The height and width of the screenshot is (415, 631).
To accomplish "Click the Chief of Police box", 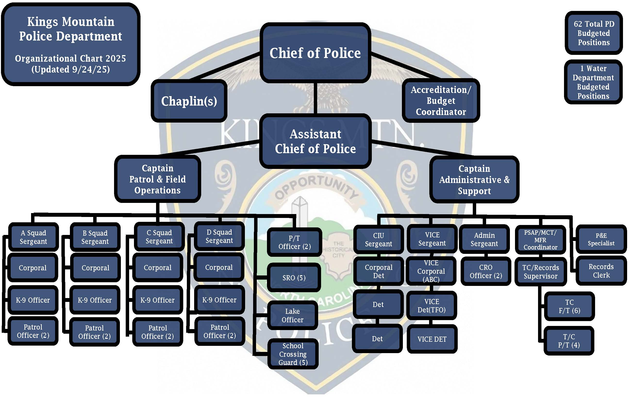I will coord(315,53).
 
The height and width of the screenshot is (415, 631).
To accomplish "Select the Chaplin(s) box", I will coord(189,101).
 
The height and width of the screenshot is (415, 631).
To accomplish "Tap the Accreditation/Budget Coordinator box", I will coord(441,101).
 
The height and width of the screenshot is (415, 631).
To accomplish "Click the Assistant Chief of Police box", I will coord(315,141).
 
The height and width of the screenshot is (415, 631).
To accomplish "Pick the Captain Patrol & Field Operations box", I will coord(158,179).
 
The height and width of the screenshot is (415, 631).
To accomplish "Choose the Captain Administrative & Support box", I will coord(474,180).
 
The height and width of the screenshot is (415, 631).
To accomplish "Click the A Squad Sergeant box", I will coord(33,237).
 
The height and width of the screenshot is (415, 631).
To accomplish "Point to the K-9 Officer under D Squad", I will coord(219,300).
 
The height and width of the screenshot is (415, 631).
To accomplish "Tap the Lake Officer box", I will coord(292,315).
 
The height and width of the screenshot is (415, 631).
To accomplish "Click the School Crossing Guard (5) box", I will coord(293,354).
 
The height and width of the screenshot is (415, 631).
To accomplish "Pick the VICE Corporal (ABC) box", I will coord(431,271).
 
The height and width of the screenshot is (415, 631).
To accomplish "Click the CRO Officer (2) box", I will coord(486,271).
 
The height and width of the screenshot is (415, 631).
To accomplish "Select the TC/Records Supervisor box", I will coord(540,272).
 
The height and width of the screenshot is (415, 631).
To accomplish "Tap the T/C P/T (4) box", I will coord(569,341).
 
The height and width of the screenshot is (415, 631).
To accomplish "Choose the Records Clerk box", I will coord(601,271).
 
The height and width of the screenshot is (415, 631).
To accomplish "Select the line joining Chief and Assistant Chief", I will coord(315,98).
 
